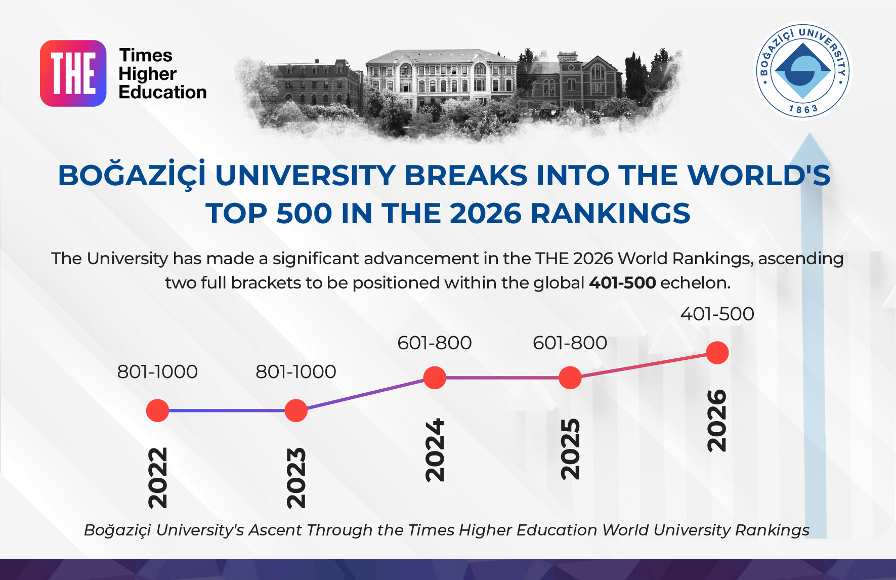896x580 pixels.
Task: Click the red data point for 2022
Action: coord(157,410)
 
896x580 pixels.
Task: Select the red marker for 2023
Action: coord(296,410)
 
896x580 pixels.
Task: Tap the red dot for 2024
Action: coord(435,378)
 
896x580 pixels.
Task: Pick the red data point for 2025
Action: coord(570,378)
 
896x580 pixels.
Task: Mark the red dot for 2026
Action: coord(717,353)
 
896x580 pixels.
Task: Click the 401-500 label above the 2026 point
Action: coord(717,314)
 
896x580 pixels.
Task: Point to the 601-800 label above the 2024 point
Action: coord(435,343)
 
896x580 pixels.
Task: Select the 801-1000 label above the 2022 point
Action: coord(157,372)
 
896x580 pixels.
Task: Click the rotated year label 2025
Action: coord(571,449)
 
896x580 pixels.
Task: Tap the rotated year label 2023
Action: coord(296,478)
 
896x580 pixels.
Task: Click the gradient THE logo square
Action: coord(73,73)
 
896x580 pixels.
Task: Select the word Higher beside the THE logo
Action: coord(147,74)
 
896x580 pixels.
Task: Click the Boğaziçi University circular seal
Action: coord(803,71)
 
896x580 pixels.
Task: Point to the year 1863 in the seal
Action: coord(803,109)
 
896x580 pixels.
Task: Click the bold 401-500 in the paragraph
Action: coord(622,282)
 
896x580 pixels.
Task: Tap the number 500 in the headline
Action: coord(304,213)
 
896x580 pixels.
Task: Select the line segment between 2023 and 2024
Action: coord(365,394)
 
